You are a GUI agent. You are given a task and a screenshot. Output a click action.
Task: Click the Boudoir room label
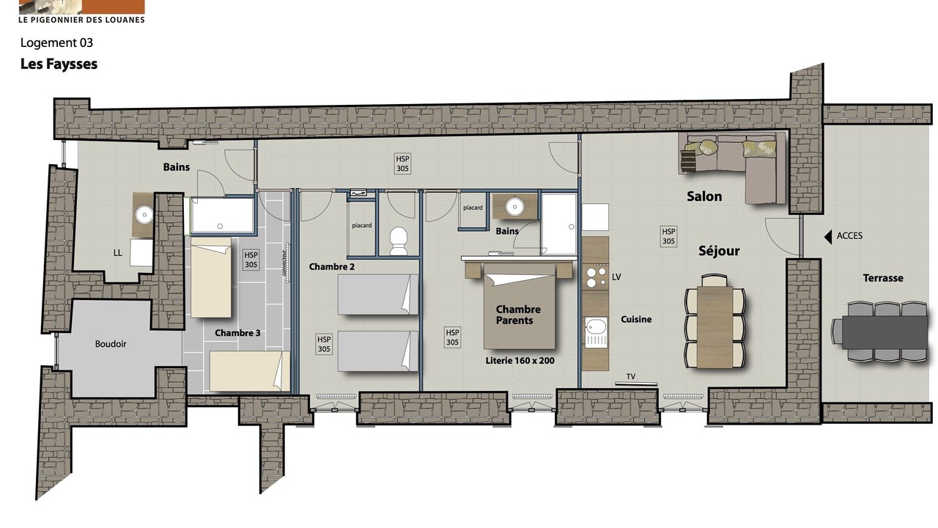[x=111, y=344]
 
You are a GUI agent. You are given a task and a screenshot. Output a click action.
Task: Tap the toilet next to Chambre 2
[x=398, y=241]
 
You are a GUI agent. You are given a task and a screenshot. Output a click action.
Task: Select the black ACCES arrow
[x=828, y=237]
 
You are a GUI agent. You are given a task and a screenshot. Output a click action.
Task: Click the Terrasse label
[x=883, y=278]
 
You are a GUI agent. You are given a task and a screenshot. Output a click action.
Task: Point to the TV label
[x=631, y=376]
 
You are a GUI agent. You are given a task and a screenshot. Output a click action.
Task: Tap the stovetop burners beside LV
[x=597, y=276]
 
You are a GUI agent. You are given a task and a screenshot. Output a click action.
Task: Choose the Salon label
[x=704, y=196]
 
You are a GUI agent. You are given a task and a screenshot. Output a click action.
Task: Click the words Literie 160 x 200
[x=520, y=360]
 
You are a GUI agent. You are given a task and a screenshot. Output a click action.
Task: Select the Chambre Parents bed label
[x=517, y=315]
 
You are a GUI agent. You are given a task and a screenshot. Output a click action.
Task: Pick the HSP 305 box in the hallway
[x=402, y=164]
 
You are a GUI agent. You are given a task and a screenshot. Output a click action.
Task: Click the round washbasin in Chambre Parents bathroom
[x=514, y=207]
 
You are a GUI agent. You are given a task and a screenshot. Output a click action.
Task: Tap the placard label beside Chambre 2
[x=361, y=225]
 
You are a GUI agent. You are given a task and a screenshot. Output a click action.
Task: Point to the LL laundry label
[x=118, y=253]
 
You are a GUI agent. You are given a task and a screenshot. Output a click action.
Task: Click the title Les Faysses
[x=59, y=64]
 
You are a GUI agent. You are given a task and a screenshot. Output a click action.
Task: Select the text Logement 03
[x=56, y=43]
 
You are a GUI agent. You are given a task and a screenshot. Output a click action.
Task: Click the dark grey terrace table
[x=885, y=331]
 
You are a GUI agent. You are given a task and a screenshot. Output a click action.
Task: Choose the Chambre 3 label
[x=237, y=333]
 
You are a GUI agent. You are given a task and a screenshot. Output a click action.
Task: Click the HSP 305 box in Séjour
[x=668, y=236]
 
